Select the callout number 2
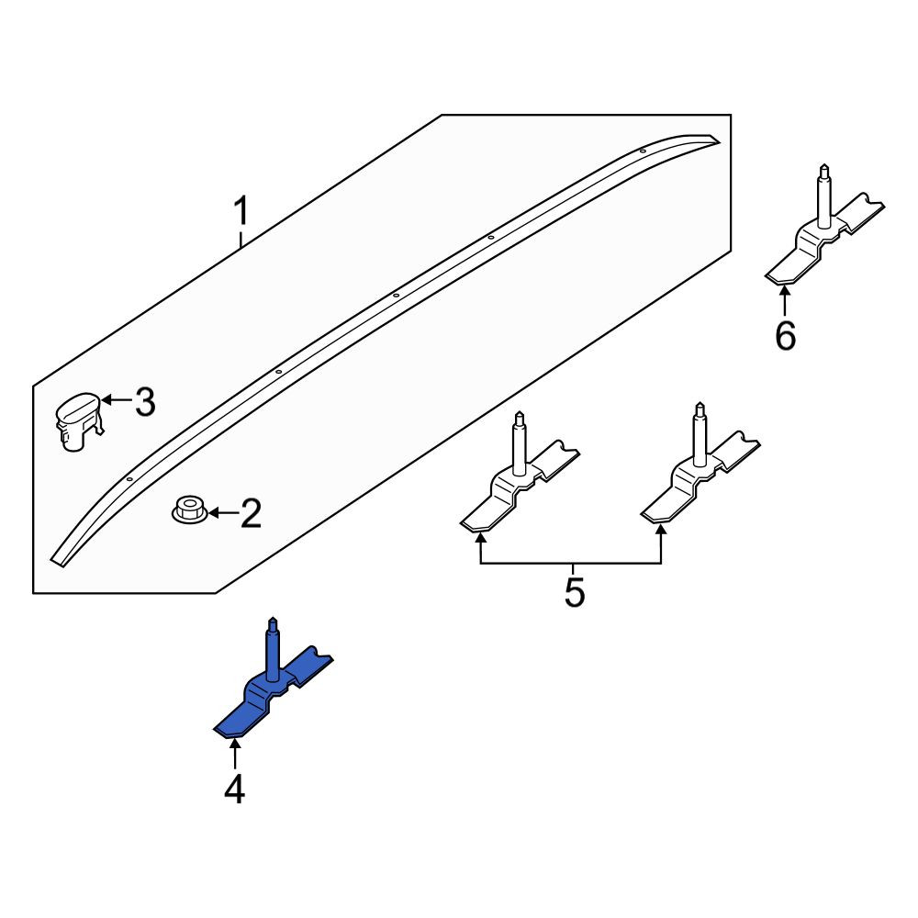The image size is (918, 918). tap(251, 513)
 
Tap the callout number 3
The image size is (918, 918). tap(145, 402)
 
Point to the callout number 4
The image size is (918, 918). tap(234, 789)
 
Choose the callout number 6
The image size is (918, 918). tap(785, 335)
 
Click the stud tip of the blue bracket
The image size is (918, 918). tap(272, 620)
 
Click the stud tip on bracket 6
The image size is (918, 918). tap(824, 166)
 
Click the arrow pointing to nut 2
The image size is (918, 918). tap(224, 513)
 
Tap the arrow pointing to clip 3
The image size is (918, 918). tap(117, 400)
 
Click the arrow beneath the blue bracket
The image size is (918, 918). tap(235, 755)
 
